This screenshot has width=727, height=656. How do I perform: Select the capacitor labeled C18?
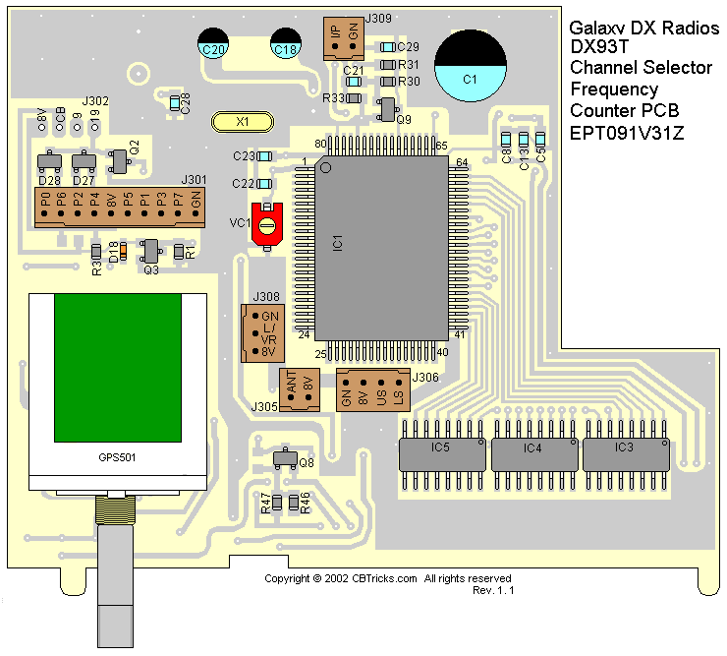286,42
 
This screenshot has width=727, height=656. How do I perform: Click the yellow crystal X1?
242,122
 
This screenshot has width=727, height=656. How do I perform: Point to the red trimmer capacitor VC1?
267,225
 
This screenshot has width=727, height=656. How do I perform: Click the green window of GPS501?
118,368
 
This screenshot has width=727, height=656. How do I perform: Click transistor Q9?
388,109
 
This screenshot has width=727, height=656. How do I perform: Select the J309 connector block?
344,36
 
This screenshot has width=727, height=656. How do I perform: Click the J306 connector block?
371,390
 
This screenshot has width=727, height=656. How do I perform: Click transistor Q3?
150,252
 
